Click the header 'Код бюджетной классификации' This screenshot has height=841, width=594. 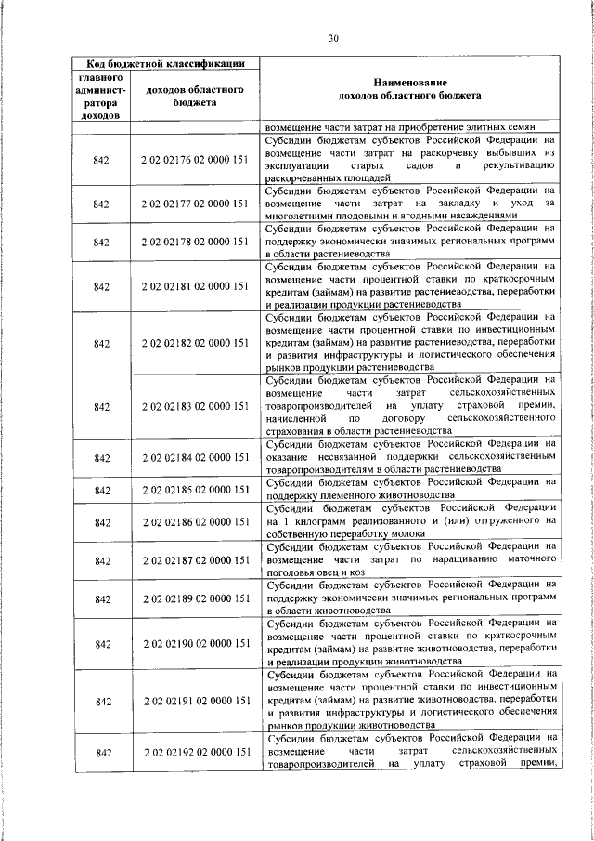(x=160, y=63)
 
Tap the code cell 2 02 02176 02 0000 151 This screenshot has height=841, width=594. (x=195, y=160)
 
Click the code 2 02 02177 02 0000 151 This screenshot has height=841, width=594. (x=195, y=203)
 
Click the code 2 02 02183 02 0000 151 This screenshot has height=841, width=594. (x=195, y=407)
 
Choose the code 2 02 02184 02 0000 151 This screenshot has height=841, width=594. (x=195, y=457)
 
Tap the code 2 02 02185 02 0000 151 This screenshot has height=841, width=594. (x=195, y=489)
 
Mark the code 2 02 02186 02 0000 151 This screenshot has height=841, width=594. (x=195, y=523)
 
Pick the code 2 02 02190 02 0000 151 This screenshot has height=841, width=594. (x=195, y=643)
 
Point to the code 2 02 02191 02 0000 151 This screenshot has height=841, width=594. (x=195, y=700)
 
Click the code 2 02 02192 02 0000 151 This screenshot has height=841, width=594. (x=195, y=751)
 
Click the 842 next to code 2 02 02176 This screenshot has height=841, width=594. (x=102, y=160)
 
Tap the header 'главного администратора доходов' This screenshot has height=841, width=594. (x=102, y=97)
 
